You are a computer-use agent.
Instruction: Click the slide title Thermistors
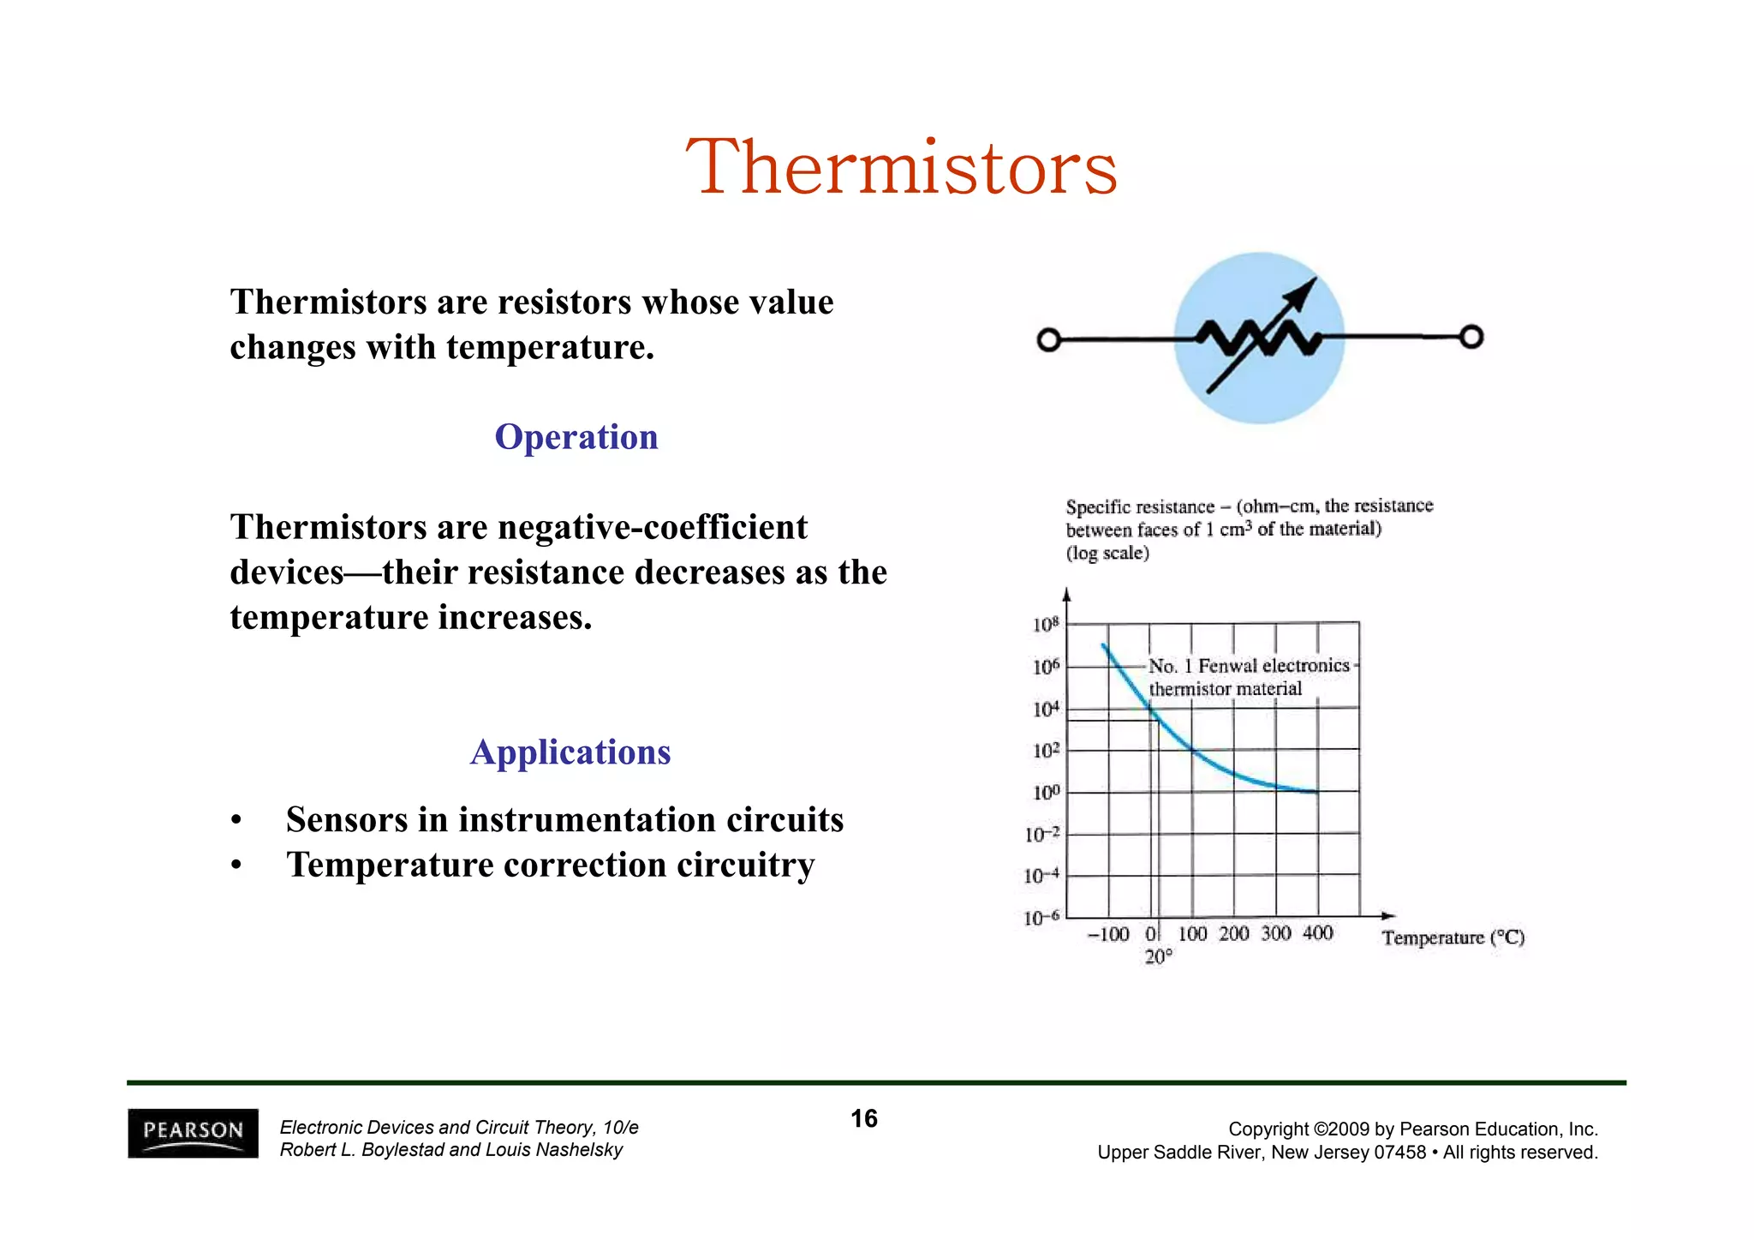(901, 168)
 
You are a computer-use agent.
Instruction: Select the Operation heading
(576, 437)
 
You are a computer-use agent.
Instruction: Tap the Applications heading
(570, 752)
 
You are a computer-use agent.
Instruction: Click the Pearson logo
(193, 1133)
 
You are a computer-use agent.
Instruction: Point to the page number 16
(863, 1118)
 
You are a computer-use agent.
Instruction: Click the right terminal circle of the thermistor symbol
(1471, 338)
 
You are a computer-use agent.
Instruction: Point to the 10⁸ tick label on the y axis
(1045, 625)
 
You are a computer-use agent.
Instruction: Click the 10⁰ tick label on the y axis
(1045, 793)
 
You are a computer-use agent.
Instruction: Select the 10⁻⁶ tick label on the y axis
(1041, 919)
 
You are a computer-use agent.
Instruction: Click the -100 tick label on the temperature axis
(1108, 934)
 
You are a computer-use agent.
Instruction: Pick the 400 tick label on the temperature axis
(1317, 933)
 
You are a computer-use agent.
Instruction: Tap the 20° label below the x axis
(1158, 957)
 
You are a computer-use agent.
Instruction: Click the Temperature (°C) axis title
(1453, 937)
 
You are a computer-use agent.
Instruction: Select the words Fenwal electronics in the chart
(1273, 666)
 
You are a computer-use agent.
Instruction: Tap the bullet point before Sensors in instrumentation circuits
(236, 821)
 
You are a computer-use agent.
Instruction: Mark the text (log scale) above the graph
(1107, 553)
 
